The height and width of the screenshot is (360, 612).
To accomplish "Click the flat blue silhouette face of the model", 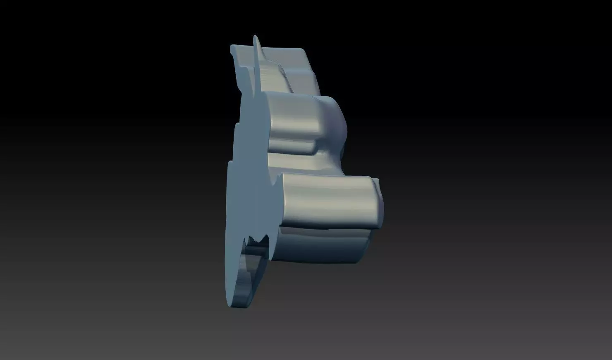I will coord(248,174).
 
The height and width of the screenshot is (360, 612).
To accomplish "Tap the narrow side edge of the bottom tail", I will coord(248,290).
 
